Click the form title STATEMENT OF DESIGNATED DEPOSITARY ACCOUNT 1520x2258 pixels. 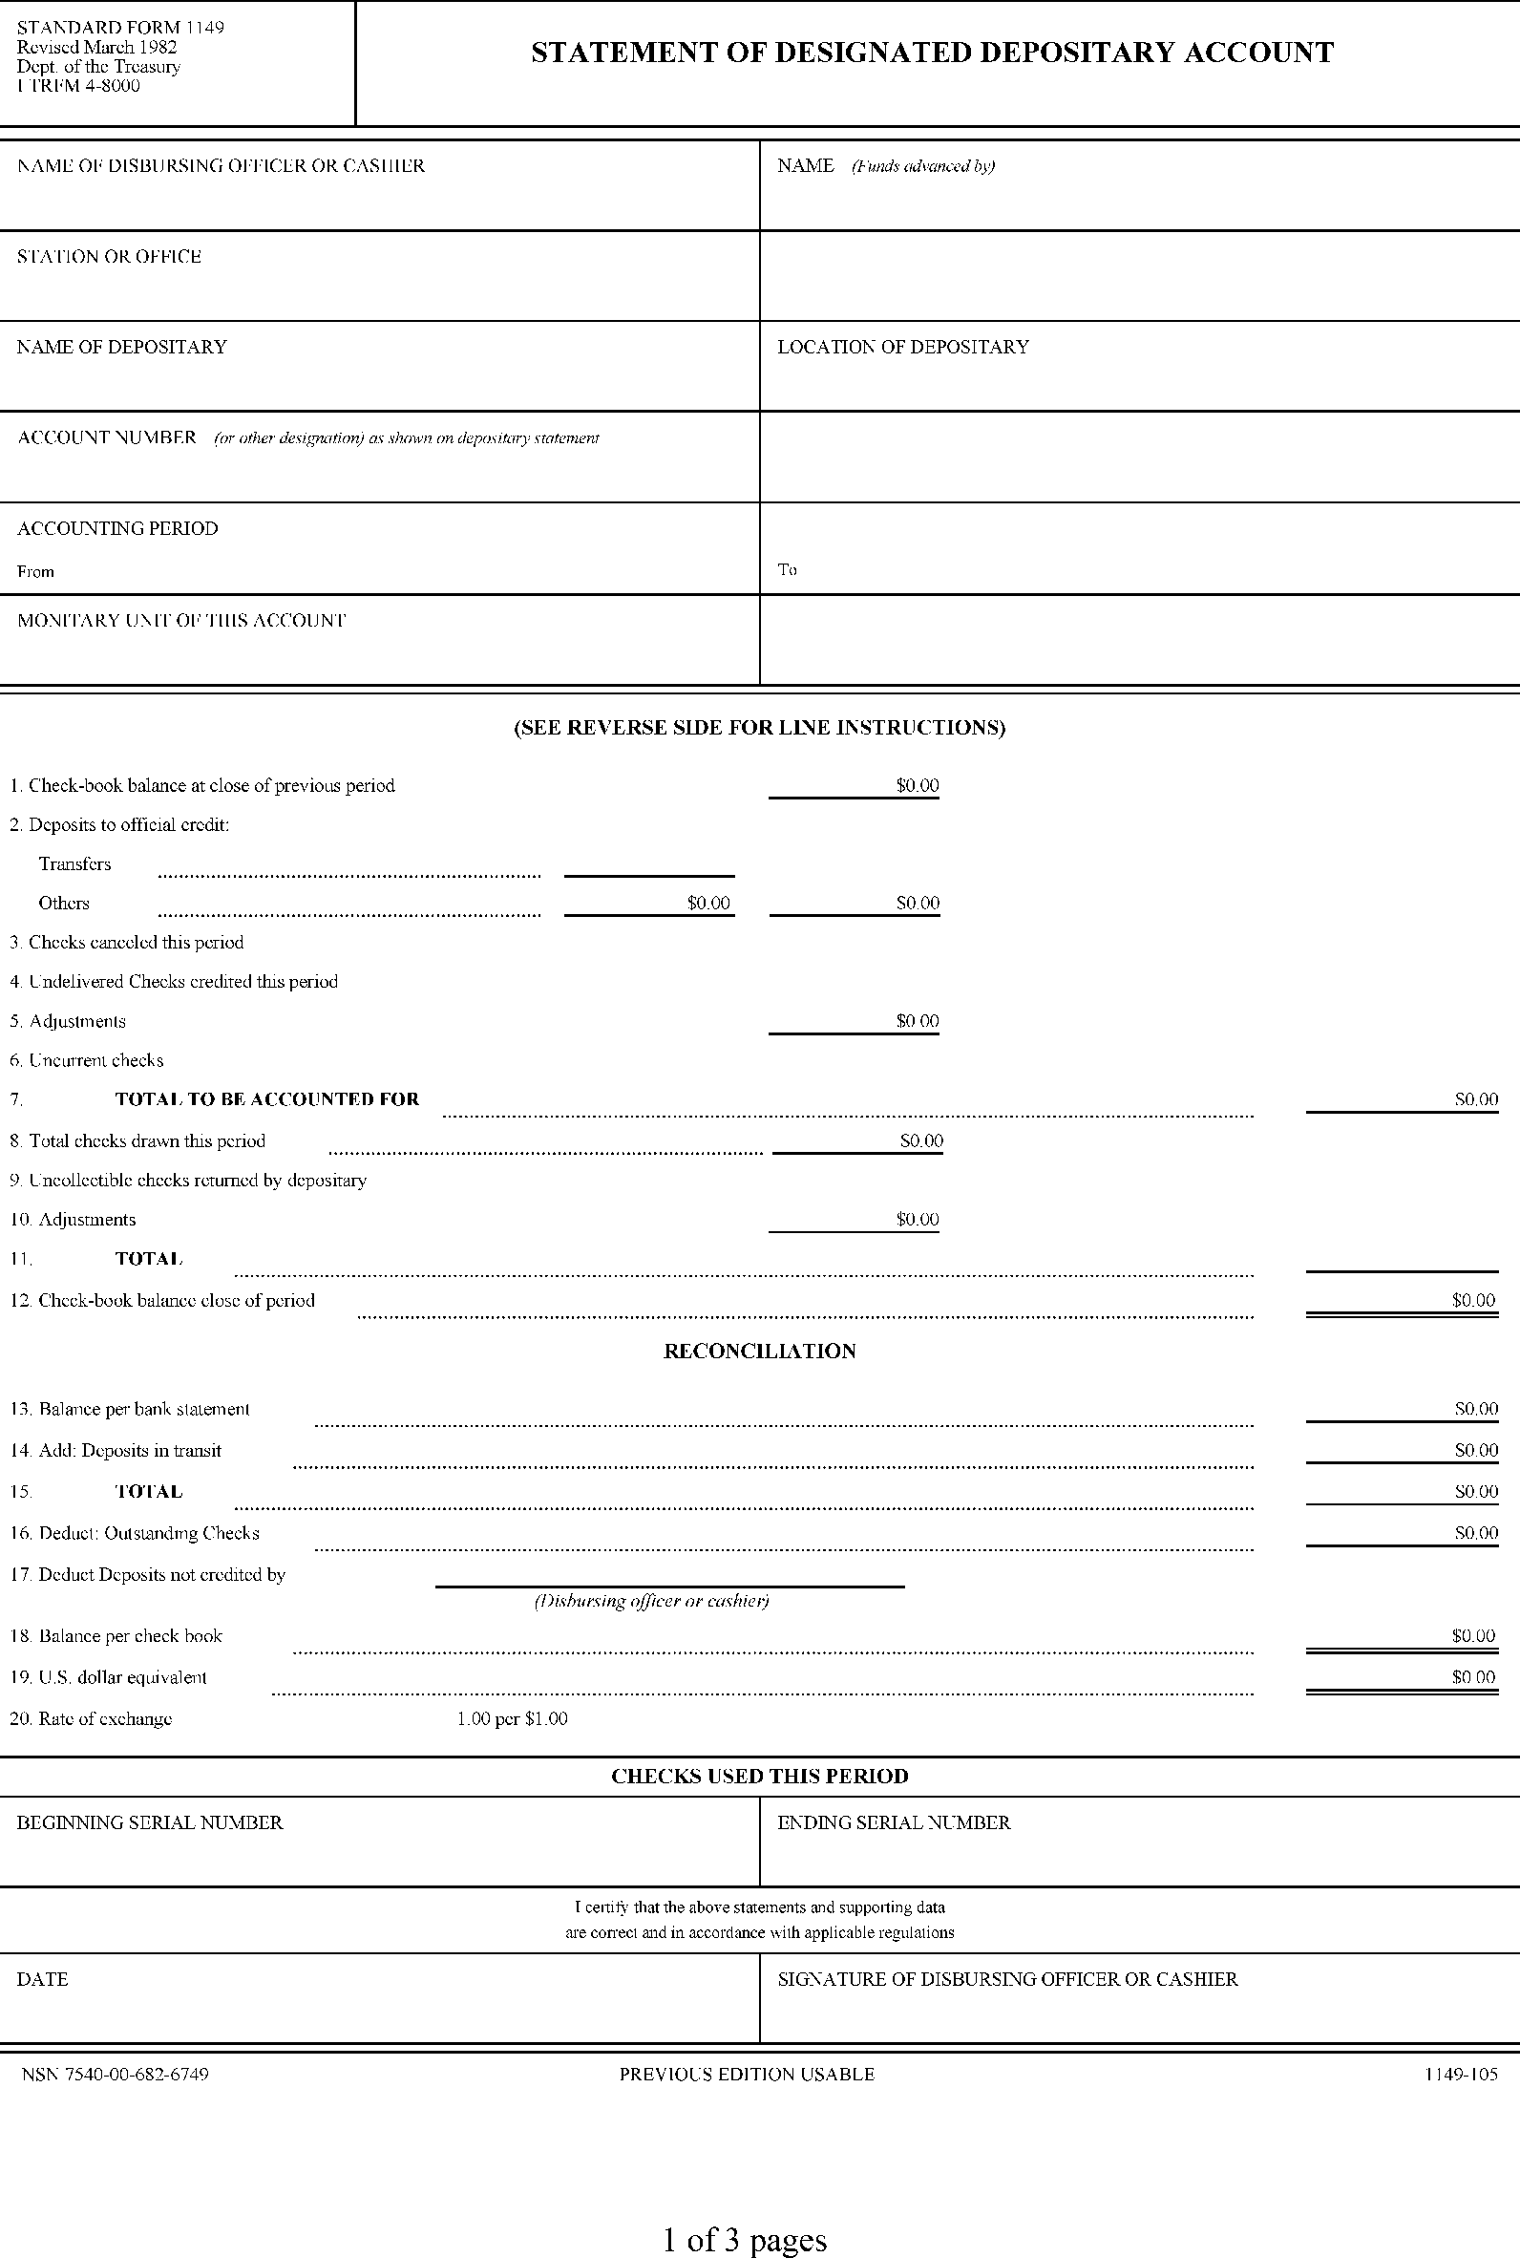click(x=932, y=53)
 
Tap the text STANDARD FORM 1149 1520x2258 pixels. click(x=120, y=27)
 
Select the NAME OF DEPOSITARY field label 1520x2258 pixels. click(x=121, y=347)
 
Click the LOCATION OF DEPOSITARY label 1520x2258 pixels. click(x=902, y=347)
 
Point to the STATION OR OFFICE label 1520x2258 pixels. click(x=109, y=257)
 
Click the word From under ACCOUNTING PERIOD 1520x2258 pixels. click(x=36, y=571)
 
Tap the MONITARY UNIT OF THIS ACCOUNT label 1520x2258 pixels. click(x=181, y=621)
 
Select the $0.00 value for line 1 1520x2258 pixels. click(x=917, y=785)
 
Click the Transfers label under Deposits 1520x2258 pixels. click(x=74, y=863)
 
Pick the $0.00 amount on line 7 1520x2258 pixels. click(x=1475, y=1099)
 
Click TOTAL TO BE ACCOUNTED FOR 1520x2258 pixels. click(x=266, y=1099)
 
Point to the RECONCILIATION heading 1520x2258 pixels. click(x=759, y=1352)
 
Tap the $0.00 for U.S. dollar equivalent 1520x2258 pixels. click(x=1472, y=1676)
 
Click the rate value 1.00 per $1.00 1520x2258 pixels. click(x=512, y=1719)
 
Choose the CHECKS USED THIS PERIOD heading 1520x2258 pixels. click(x=759, y=1777)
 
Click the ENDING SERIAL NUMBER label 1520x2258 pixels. click(x=894, y=1822)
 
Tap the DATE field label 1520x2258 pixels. click(x=43, y=1979)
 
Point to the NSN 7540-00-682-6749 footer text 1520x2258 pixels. click(x=116, y=2074)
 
